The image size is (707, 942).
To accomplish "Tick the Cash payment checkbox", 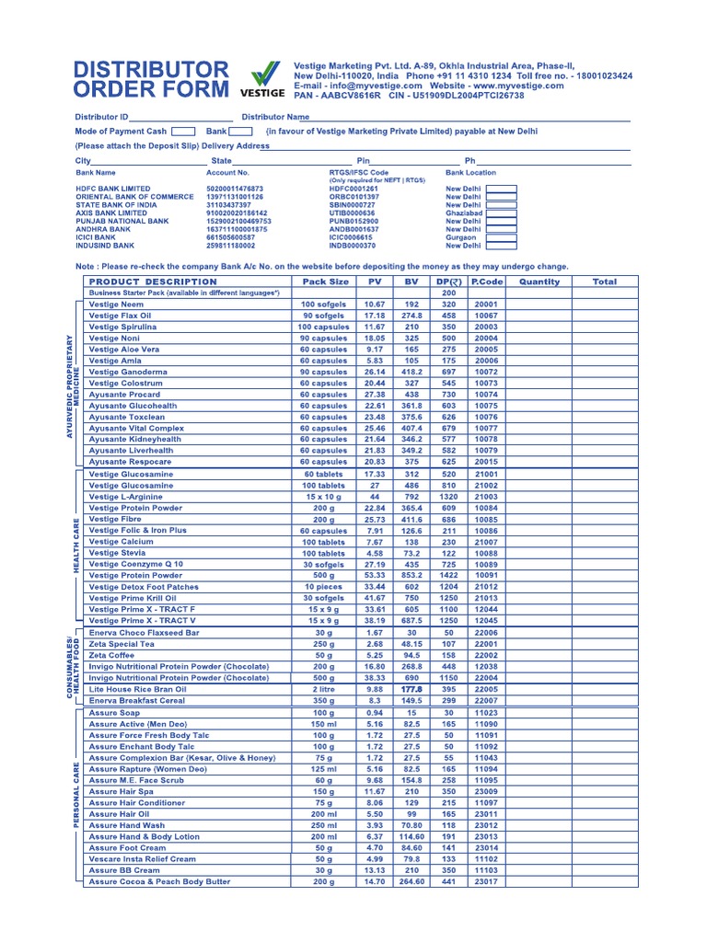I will [x=184, y=132].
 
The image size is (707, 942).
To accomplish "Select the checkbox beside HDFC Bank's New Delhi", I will [x=501, y=189].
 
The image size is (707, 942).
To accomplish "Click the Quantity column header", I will [x=539, y=281].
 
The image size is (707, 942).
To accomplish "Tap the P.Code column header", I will [x=487, y=281].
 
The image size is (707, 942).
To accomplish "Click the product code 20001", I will [x=486, y=304].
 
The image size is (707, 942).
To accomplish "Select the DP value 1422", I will [x=449, y=575].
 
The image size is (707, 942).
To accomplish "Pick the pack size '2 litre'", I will [x=323, y=689].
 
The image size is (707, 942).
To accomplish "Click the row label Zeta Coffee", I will [x=111, y=655].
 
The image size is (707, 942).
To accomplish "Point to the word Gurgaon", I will [x=462, y=237].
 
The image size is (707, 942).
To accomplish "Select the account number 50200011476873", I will [x=235, y=189].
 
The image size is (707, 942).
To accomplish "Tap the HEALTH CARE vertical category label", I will [x=77, y=545].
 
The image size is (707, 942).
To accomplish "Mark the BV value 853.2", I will [x=411, y=575].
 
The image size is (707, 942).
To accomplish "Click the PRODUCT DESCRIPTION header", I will [x=153, y=281].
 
